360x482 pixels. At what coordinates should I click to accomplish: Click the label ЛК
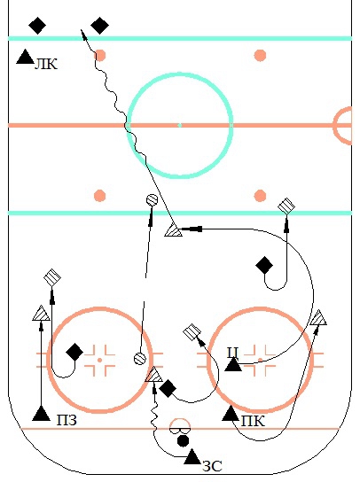(46, 65)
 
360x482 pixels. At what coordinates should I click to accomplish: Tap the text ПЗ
(67, 420)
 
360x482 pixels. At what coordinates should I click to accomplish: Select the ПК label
(253, 421)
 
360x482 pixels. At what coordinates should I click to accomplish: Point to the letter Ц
(233, 353)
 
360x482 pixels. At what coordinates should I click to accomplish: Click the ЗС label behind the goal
(212, 466)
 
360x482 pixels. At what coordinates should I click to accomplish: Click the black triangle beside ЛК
(25, 57)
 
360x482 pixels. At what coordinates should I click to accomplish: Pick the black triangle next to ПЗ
(41, 413)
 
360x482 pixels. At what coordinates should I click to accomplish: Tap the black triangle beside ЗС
(192, 457)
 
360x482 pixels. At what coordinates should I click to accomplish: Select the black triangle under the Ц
(233, 364)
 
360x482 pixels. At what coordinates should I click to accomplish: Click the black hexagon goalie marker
(183, 440)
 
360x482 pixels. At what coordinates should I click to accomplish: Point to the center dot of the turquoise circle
(180, 125)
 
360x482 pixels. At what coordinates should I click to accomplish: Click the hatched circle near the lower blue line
(152, 200)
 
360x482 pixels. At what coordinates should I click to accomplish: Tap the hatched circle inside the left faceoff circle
(140, 359)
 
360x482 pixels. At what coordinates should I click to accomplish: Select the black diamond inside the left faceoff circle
(74, 353)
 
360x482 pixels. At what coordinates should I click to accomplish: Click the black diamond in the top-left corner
(37, 26)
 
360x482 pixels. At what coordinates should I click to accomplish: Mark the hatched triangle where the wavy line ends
(154, 375)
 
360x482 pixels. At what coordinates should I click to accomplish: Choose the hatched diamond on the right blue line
(286, 206)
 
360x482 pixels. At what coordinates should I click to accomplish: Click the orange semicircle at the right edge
(342, 126)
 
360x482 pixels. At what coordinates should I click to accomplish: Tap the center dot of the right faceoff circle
(261, 360)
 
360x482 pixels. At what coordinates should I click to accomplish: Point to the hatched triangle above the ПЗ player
(41, 314)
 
